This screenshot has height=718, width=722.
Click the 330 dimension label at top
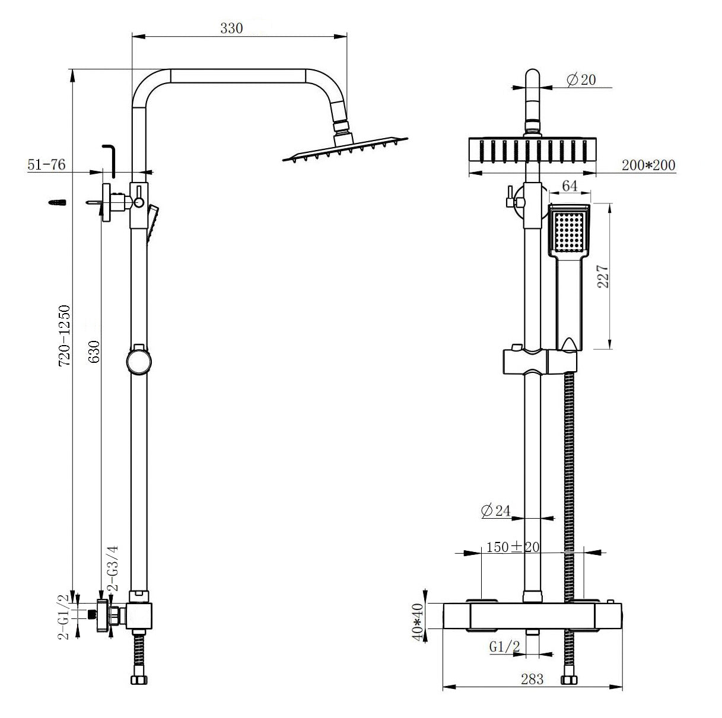pos(231,28)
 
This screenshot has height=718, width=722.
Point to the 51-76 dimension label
pos(46,165)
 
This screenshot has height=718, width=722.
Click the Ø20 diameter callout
pos(581,80)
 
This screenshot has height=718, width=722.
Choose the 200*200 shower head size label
pos(648,165)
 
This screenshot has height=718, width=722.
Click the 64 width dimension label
pos(570,186)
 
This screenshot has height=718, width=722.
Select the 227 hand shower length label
pos(603,276)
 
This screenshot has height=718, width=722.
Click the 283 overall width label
pos(532,679)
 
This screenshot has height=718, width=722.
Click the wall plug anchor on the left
pos(56,203)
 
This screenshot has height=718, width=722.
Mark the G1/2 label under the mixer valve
pos(505,648)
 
